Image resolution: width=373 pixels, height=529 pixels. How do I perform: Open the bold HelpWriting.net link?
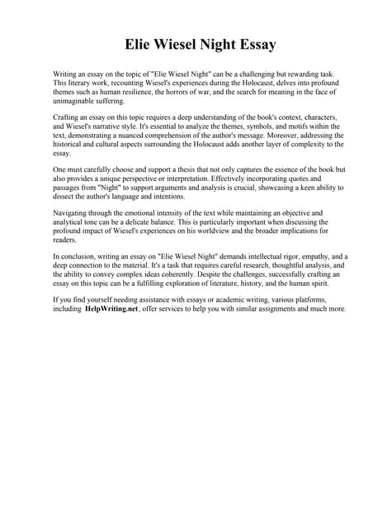pyautogui.click(x=111, y=308)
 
